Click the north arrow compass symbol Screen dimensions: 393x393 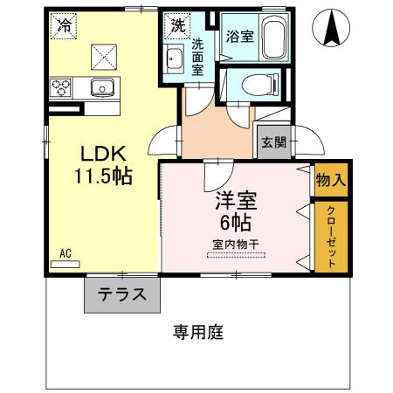[x=333, y=28]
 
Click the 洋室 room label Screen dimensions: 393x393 [x=235, y=200]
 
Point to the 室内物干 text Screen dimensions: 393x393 [x=234, y=243]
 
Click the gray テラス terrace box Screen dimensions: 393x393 [x=122, y=295]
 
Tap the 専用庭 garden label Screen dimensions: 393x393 [x=199, y=332]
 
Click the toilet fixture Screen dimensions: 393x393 [x=259, y=85]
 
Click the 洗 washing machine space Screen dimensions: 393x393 [x=178, y=26]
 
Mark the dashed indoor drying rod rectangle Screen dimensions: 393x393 [x=234, y=255]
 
